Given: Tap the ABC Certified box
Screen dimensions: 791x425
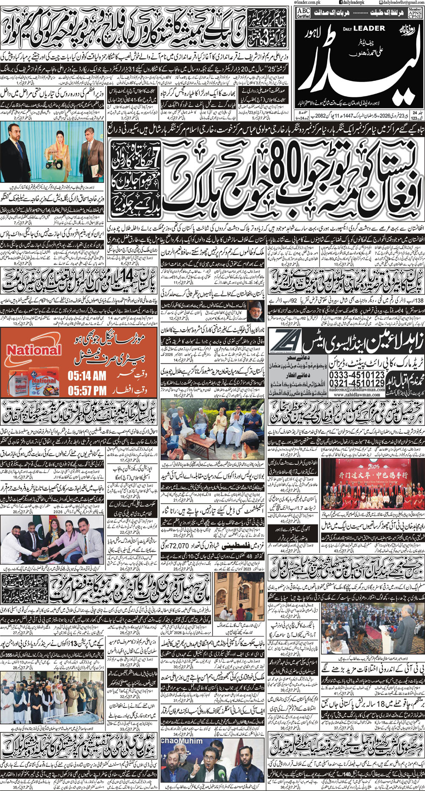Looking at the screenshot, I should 303,13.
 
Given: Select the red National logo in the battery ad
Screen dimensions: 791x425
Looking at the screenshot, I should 34,351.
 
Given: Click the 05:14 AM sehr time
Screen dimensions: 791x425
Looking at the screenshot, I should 87,375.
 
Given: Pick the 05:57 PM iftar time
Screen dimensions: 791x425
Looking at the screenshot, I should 87,389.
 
